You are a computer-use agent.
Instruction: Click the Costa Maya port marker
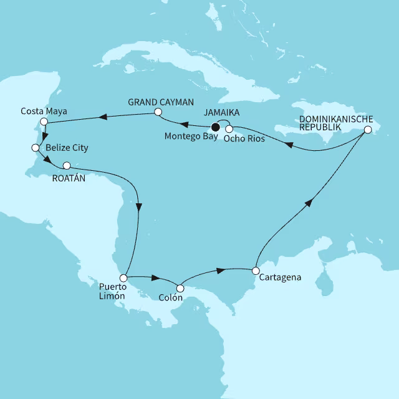pyautogui.click(x=44, y=121)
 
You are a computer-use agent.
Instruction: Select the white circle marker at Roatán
pyautogui.click(x=67, y=166)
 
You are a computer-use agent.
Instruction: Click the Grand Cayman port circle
pyautogui.click(x=158, y=112)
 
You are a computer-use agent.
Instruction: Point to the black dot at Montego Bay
pyautogui.click(x=216, y=129)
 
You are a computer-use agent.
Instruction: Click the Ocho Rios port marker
pyautogui.click(x=229, y=129)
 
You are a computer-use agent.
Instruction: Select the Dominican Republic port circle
pyautogui.click(x=368, y=130)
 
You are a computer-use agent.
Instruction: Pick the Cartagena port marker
pyautogui.click(x=256, y=271)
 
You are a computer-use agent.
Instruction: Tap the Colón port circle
pyautogui.click(x=180, y=289)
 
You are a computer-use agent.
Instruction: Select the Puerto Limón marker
pyautogui.click(x=124, y=277)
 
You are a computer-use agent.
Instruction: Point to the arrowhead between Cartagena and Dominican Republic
pyautogui.click(x=309, y=205)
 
